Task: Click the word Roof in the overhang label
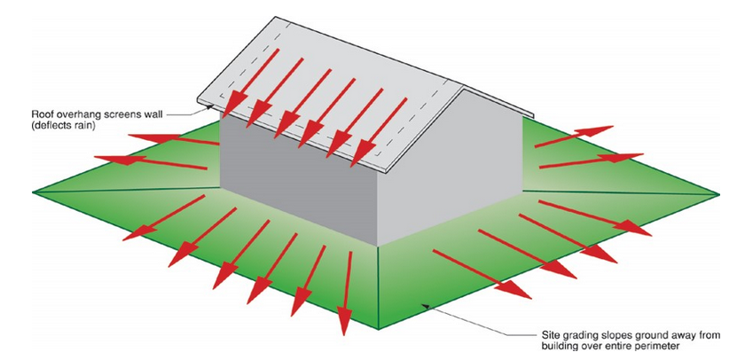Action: pos(41,114)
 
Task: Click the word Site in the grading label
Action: pos(550,335)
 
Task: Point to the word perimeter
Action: pos(662,346)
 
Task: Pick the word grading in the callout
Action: pos(576,335)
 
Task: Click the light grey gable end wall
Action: pos(449,168)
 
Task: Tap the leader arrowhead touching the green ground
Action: pos(424,305)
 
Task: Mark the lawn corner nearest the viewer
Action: pos(378,329)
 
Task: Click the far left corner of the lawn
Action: pos(33,192)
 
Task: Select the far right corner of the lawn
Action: pos(719,194)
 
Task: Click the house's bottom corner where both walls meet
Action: pos(378,246)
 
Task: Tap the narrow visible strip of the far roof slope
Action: pos(498,102)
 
